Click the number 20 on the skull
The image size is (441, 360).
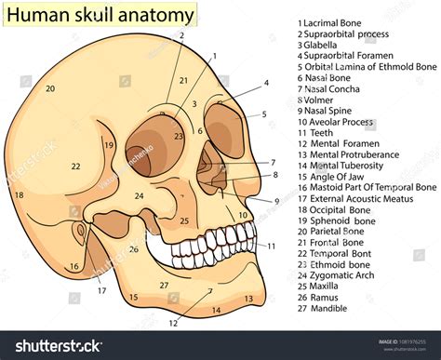(49, 89)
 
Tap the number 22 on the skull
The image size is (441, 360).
(75, 167)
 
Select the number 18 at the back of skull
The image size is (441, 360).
(19, 195)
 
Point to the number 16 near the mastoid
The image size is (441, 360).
(73, 267)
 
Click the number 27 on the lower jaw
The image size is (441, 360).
(164, 286)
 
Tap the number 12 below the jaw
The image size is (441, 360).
(173, 323)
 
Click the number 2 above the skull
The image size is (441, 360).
(181, 36)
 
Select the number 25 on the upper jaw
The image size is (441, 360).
(184, 220)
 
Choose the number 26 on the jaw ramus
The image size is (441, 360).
(134, 248)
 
